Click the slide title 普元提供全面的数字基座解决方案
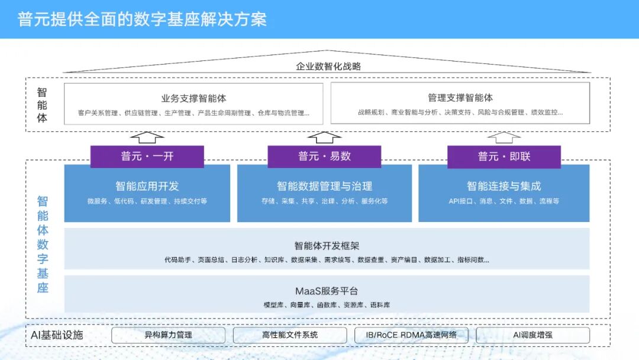tap(142, 19)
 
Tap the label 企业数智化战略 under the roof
tap(328, 66)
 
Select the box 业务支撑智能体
tap(193, 104)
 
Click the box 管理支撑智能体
tap(460, 104)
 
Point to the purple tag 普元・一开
tap(147, 156)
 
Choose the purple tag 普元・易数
tap(324, 156)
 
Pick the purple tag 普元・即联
tap(504, 156)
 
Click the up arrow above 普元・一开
tap(147, 137)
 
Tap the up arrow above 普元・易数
tap(324, 137)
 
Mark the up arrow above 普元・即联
tap(504, 137)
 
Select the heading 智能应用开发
tap(147, 186)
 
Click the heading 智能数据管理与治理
tap(324, 186)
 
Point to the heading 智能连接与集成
tap(504, 186)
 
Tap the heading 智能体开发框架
tap(327, 246)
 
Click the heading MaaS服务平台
tap(327, 291)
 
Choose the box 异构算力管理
tap(168, 335)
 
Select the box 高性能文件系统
tap(289, 335)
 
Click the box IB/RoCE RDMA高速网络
tap(411, 335)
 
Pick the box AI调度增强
tap(532, 335)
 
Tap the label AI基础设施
tap(57, 335)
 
